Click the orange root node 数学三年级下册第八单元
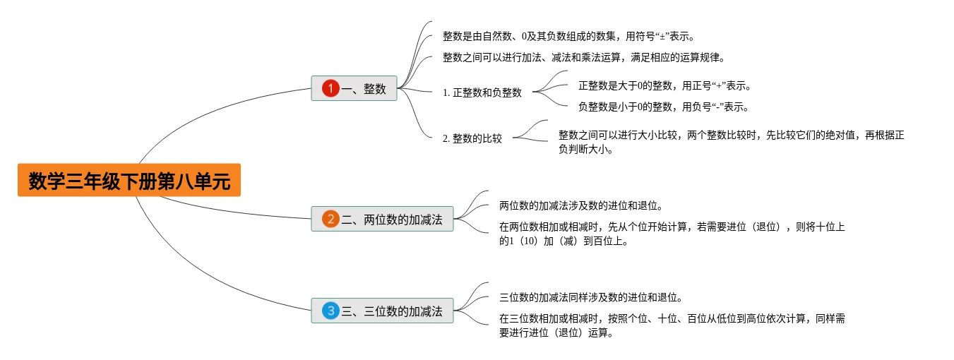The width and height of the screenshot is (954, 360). coord(129,181)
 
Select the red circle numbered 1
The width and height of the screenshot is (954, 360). coord(330,89)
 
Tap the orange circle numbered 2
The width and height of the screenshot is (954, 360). coord(330,220)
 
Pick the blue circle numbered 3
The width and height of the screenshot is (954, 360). coord(330,311)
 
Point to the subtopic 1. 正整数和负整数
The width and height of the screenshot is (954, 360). coord(482,92)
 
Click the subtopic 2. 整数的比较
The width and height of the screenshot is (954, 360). coord(472,138)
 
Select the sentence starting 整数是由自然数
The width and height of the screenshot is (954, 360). coord(573,36)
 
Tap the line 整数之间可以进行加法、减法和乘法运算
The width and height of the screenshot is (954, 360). coord(584,57)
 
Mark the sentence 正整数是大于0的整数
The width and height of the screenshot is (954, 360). coord(664,86)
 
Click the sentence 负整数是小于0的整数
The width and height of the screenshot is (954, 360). coord(662,107)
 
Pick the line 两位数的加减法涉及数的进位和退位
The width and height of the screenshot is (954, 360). coord(580,206)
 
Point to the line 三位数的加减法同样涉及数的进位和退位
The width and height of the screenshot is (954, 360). coord(590,297)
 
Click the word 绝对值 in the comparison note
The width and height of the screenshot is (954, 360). coord(840,136)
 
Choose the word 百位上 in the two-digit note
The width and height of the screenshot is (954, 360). coord(612,241)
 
